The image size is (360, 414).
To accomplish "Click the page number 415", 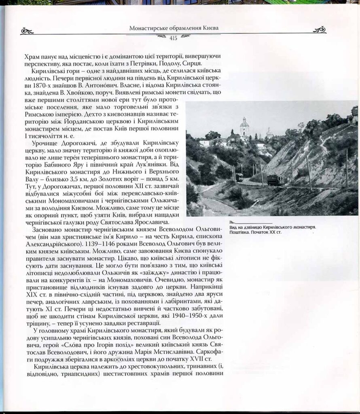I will [x=174, y=38].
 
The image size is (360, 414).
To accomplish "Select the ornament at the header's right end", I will [x=320, y=30].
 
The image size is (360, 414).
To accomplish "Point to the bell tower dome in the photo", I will [x=244, y=122].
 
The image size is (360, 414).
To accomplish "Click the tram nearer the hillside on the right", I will [x=275, y=180].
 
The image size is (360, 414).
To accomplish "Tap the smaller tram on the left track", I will [x=239, y=177].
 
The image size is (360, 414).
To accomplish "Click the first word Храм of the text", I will [x=33, y=56].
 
